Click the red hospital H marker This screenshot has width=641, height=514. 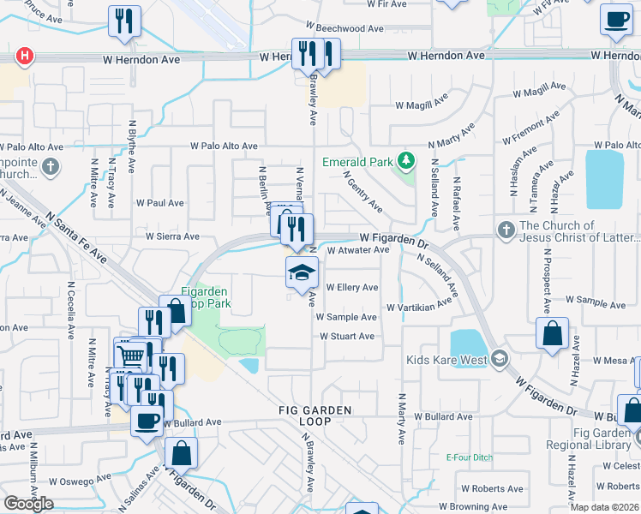coord(26,57)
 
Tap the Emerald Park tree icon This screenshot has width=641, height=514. coord(408,160)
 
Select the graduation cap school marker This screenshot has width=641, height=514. coord(302,274)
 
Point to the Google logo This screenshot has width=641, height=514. coord(28,504)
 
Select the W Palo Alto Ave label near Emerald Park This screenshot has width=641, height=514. coord(224,146)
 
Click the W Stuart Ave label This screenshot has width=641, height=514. coord(347,336)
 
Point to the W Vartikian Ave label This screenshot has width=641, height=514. coord(419,306)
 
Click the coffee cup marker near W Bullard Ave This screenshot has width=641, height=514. coord(147,421)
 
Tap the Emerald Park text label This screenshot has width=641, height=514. coord(357,161)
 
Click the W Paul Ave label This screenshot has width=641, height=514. coord(160,203)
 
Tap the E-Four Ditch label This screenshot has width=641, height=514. coord(470,457)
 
